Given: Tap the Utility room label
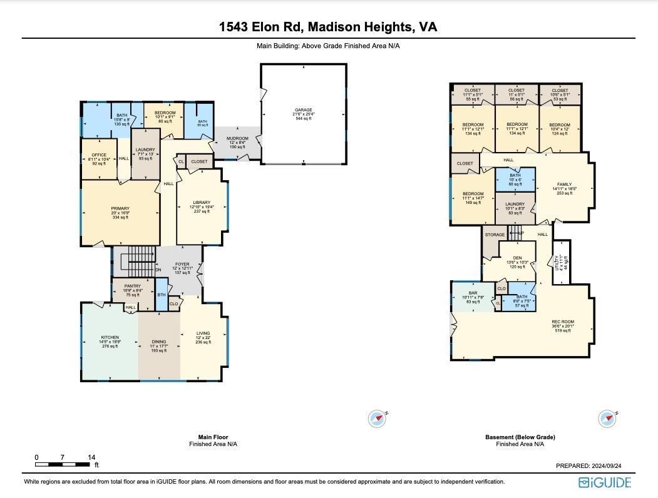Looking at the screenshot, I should pos(561,262).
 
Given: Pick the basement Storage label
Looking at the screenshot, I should pos(495,235).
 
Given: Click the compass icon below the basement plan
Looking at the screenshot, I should pos(607,419).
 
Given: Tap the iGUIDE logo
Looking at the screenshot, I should pos(605,482).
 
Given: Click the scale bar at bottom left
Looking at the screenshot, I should pos(63,464).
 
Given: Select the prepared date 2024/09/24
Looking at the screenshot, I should pos(589,465).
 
